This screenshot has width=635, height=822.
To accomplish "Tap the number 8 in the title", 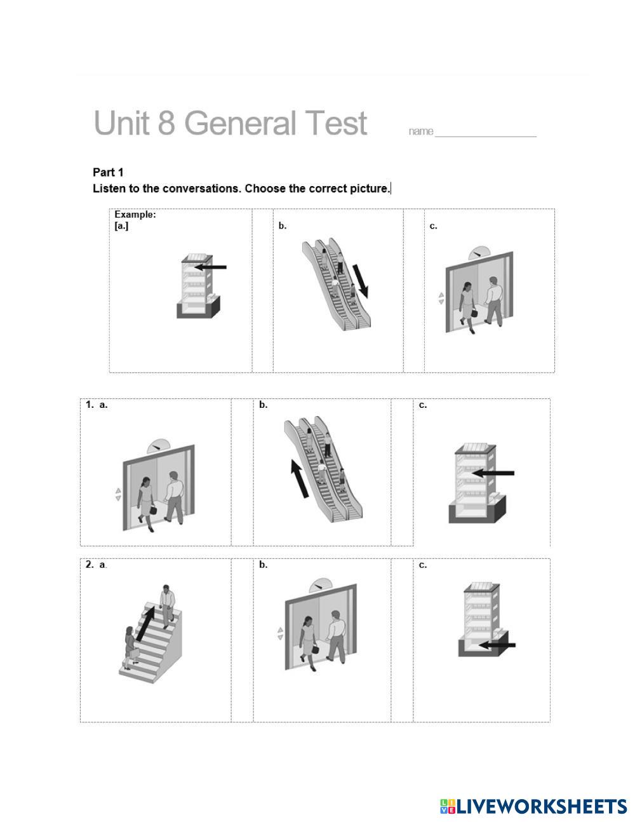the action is (166, 123).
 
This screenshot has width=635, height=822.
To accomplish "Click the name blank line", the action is (485, 137).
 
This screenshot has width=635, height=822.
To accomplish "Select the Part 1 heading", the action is (108, 173).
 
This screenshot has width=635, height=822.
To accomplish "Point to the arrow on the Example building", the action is (211, 267).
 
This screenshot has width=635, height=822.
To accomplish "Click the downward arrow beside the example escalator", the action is (360, 281).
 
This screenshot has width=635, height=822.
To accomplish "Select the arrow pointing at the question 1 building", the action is (493, 473).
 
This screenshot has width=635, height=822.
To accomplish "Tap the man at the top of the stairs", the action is (166, 607).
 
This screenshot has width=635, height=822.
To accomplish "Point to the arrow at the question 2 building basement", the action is (497, 645).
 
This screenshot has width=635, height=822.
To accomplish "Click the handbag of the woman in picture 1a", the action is (152, 509).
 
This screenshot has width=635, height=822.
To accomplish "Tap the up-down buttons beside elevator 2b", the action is (280, 633).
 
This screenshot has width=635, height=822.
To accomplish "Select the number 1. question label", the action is (90, 405).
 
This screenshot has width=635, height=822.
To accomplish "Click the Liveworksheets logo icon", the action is (448, 805).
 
